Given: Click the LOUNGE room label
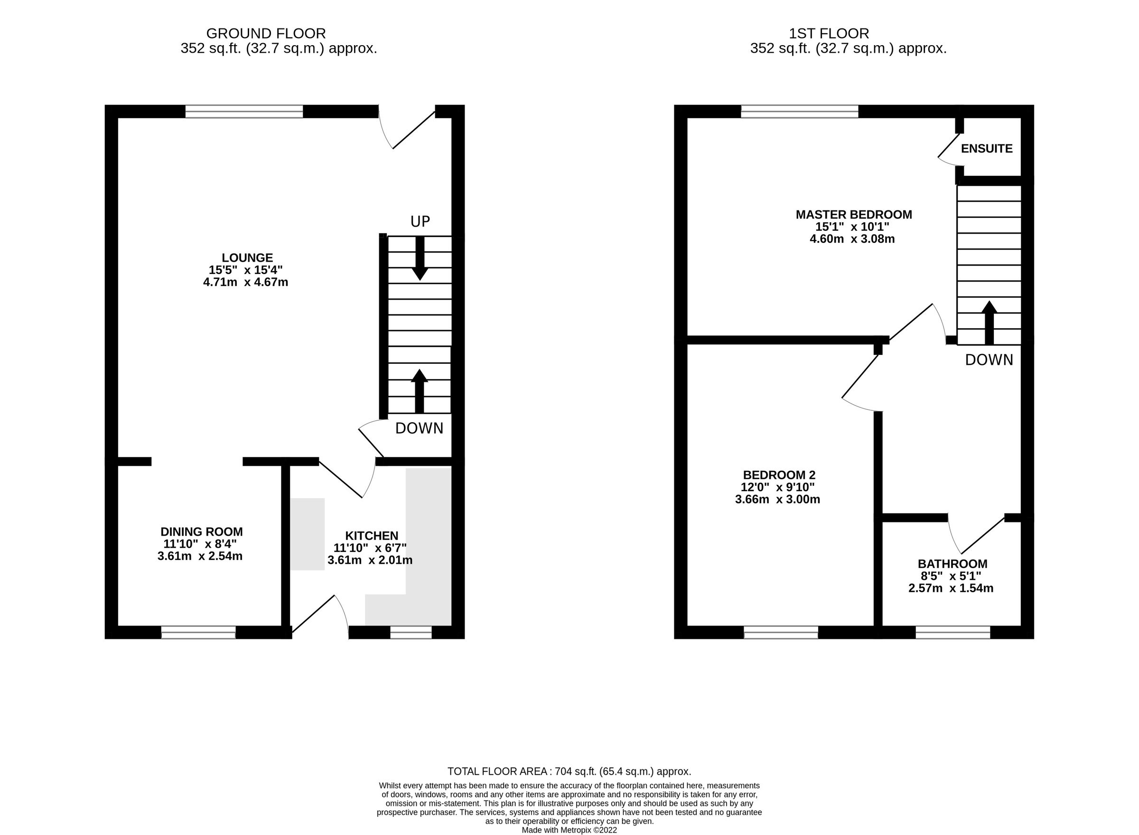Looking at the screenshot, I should [247, 258].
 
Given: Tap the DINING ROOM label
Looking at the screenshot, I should [202, 532].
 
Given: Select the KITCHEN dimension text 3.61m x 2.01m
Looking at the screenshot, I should [370, 560].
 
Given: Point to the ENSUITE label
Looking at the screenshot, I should [986, 149].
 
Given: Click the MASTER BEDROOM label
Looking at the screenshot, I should [853, 214].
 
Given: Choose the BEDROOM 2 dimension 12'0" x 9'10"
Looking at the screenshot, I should [778, 487].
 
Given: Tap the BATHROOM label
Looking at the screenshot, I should [952, 564].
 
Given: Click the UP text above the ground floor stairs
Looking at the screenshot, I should [420, 221].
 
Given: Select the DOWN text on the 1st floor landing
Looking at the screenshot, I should [989, 360].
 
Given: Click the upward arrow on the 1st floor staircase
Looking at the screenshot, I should [989, 323].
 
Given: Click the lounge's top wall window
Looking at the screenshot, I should [244, 112].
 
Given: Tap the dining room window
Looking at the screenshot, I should [198, 632].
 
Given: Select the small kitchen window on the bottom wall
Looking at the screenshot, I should [411, 632].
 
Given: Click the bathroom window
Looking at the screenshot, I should [952, 632].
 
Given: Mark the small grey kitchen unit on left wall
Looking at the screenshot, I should [307, 534].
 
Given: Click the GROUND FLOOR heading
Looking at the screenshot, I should [266, 33].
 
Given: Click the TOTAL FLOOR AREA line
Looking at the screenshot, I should [569, 771].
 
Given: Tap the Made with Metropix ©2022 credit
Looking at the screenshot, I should [569, 830].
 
